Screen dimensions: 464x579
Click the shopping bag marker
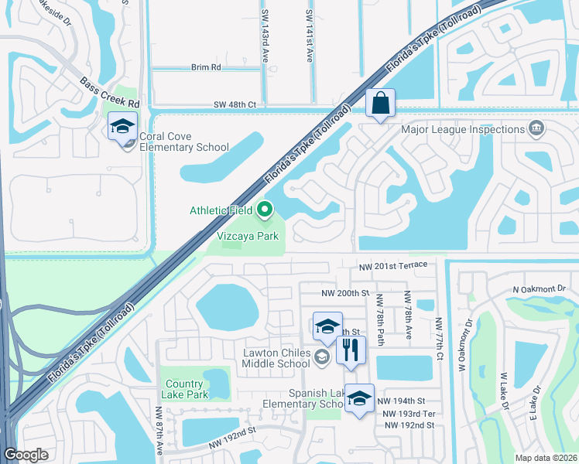(x=380, y=103)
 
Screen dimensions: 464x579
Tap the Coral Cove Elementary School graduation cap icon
(x=122, y=127)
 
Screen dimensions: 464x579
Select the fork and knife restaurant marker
(x=351, y=350)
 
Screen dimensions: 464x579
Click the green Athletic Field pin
(x=265, y=209)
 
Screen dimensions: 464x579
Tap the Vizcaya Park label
(x=246, y=236)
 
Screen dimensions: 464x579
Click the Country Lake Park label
(x=184, y=389)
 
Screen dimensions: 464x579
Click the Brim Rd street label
(x=205, y=67)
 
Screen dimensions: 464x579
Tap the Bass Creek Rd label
(x=109, y=92)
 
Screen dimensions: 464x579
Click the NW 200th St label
(x=346, y=294)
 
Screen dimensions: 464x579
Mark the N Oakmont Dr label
(x=539, y=289)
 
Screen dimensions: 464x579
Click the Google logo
(x=26, y=455)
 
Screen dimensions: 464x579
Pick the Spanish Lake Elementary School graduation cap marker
(x=358, y=398)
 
